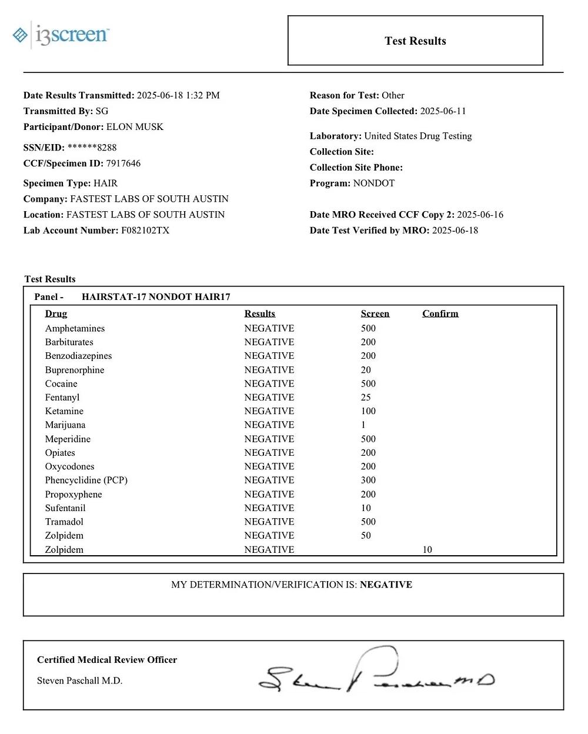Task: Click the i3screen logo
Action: [x=61, y=35]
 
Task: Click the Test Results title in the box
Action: [x=415, y=41]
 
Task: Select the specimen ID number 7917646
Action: [x=123, y=164]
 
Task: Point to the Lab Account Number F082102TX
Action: [x=145, y=231]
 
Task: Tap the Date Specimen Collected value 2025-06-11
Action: [x=443, y=111]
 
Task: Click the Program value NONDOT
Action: [x=374, y=183]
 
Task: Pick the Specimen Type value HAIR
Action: [x=105, y=183]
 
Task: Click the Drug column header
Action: [x=56, y=313]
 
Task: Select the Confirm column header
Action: [x=440, y=313]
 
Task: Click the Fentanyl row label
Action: [x=62, y=398]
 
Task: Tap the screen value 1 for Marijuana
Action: [x=363, y=425]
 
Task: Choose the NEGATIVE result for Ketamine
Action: [x=269, y=411]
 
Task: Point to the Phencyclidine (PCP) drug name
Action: [x=86, y=480]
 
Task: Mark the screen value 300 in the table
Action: [x=368, y=480]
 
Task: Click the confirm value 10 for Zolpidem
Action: [x=427, y=549]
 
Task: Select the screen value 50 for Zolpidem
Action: [x=366, y=535]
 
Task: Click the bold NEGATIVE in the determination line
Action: [x=386, y=585]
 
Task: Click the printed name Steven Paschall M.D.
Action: [x=79, y=680]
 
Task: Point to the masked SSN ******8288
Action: [x=92, y=148]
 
